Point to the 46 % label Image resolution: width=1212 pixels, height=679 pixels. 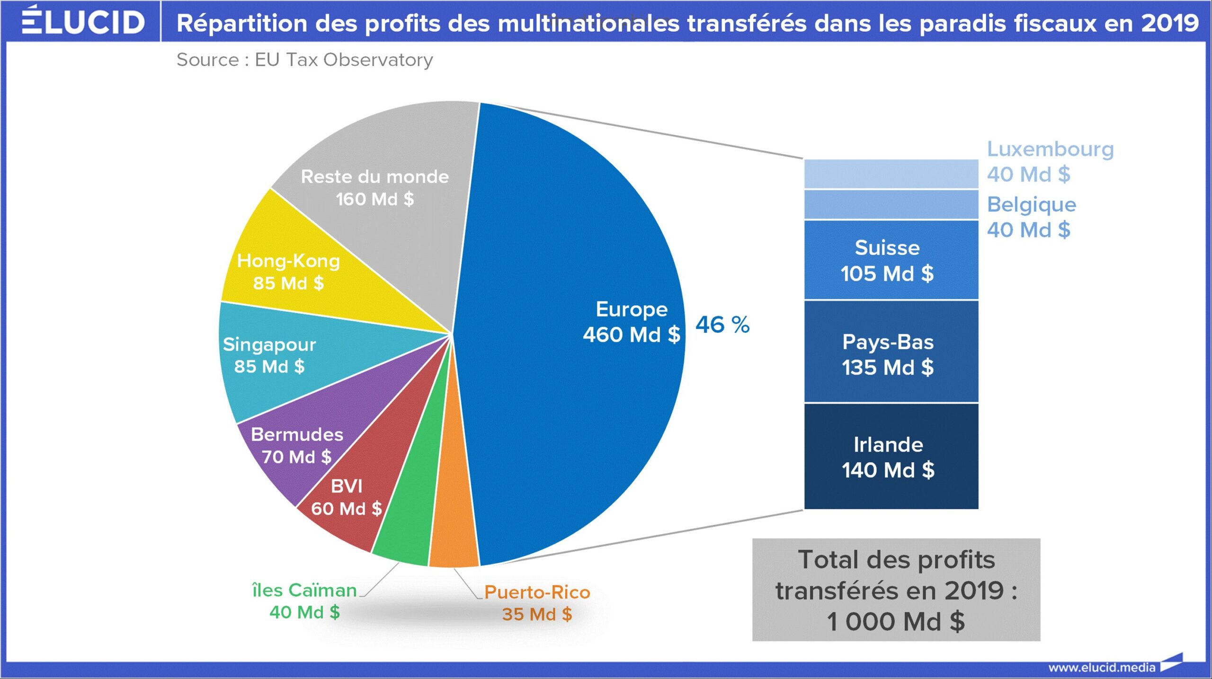[722, 325]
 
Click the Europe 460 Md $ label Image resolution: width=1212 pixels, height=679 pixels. [631, 322]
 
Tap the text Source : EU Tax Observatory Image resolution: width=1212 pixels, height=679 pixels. [304, 60]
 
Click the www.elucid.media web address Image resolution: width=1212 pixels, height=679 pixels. [1102, 668]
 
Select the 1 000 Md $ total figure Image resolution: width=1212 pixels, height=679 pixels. [896, 621]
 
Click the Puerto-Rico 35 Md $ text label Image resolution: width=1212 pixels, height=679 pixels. [537, 603]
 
